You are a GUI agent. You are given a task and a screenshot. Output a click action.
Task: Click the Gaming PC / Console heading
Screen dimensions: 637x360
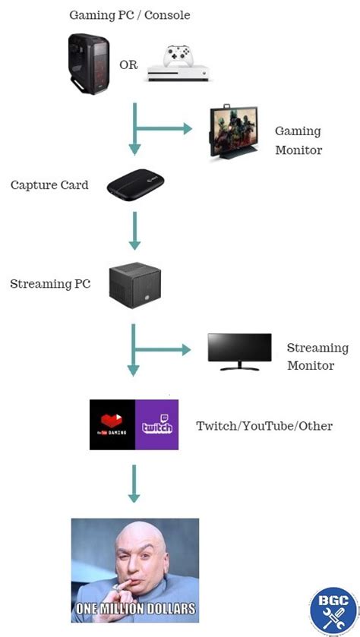point(129,15)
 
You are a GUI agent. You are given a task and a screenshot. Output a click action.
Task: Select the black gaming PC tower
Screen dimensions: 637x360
point(90,64)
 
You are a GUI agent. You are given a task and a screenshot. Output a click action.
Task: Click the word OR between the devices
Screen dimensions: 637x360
point(128,65)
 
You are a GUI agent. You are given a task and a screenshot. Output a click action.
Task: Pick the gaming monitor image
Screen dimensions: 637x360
point(238,134)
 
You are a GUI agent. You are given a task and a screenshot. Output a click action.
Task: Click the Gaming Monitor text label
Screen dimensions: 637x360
point(298,140)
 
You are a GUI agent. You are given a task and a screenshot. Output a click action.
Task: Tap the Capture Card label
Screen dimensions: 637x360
point(49,185)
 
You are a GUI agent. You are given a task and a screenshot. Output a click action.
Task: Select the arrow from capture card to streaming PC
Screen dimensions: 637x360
point(134,231)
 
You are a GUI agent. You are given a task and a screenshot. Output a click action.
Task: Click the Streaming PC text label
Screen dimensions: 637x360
point(50,284)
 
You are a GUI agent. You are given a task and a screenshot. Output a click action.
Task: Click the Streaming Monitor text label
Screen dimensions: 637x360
point(310,357)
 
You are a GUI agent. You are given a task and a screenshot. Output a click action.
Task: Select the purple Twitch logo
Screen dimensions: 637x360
point(156,425)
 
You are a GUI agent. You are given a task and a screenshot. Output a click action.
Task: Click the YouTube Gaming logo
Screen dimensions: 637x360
point(112,425)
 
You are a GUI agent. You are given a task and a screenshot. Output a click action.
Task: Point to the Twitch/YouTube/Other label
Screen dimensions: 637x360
point(264,426)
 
